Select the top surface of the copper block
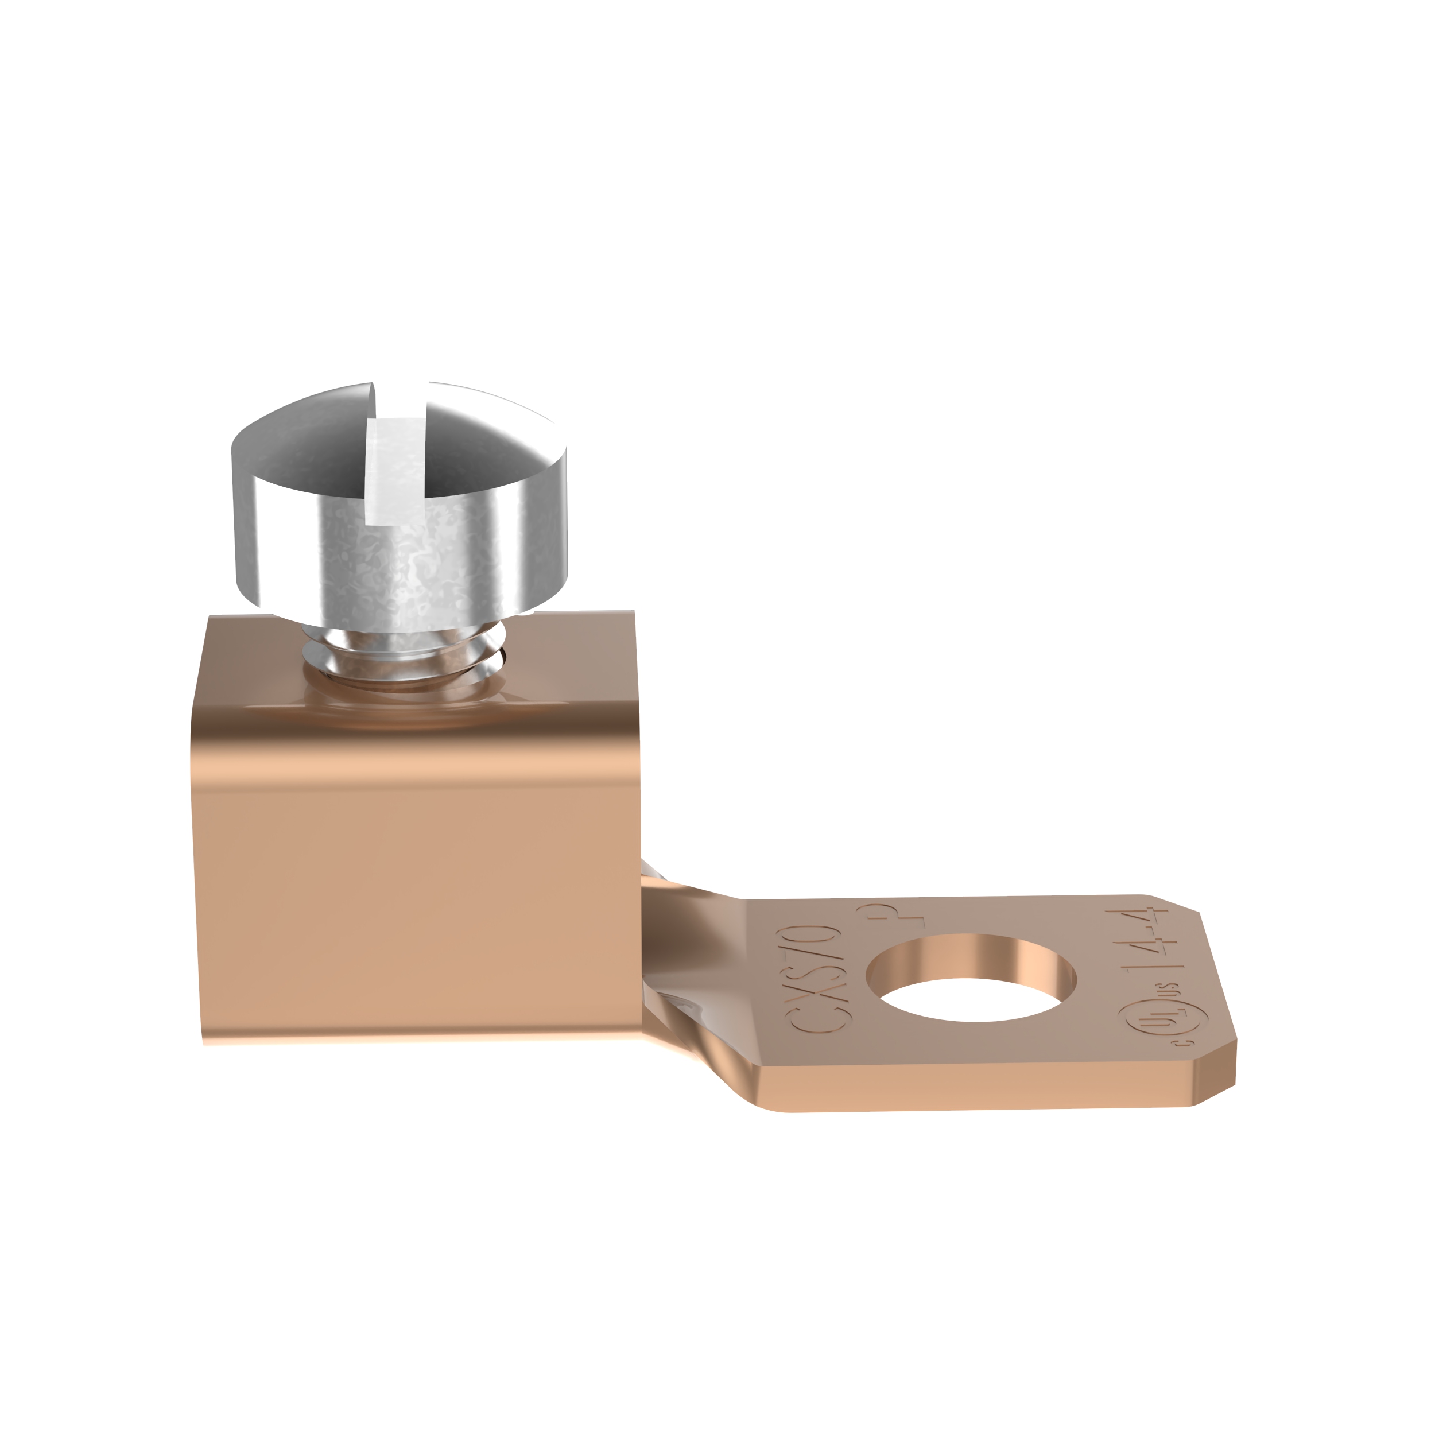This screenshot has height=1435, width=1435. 557,669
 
